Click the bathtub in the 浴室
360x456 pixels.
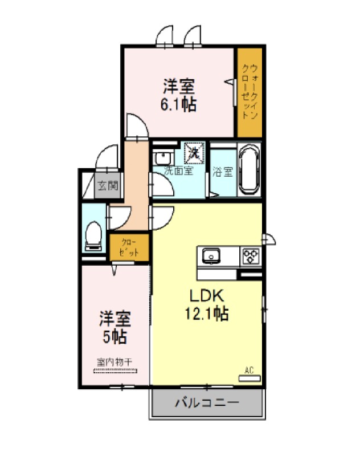[x=249, y=170]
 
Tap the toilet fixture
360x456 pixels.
[x=93, y=236]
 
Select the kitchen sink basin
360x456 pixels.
[x=211, y=256]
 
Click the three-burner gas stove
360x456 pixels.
[x=251, y=256]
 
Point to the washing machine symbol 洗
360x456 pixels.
[x=194, y=152]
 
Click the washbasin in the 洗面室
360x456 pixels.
[x=163, y=158]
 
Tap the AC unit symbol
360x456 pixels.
[x=249, y=378]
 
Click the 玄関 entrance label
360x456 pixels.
[x=108, y=185]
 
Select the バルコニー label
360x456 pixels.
[x=207, y=402]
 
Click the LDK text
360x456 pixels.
[x=207, y=296]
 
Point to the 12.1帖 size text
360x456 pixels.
[x=207, y=313]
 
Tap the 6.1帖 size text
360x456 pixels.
[x=178, y=105]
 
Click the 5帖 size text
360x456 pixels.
[x=114, y=337]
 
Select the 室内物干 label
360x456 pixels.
[x=114, y=362]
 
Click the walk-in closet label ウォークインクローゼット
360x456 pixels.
[x=249, y=91]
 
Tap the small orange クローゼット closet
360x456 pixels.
[x=129, y=247]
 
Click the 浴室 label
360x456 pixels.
[x=223, y=172]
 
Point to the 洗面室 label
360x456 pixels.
[x=178, y=170]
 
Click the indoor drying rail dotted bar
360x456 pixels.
[x=115, y=371]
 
